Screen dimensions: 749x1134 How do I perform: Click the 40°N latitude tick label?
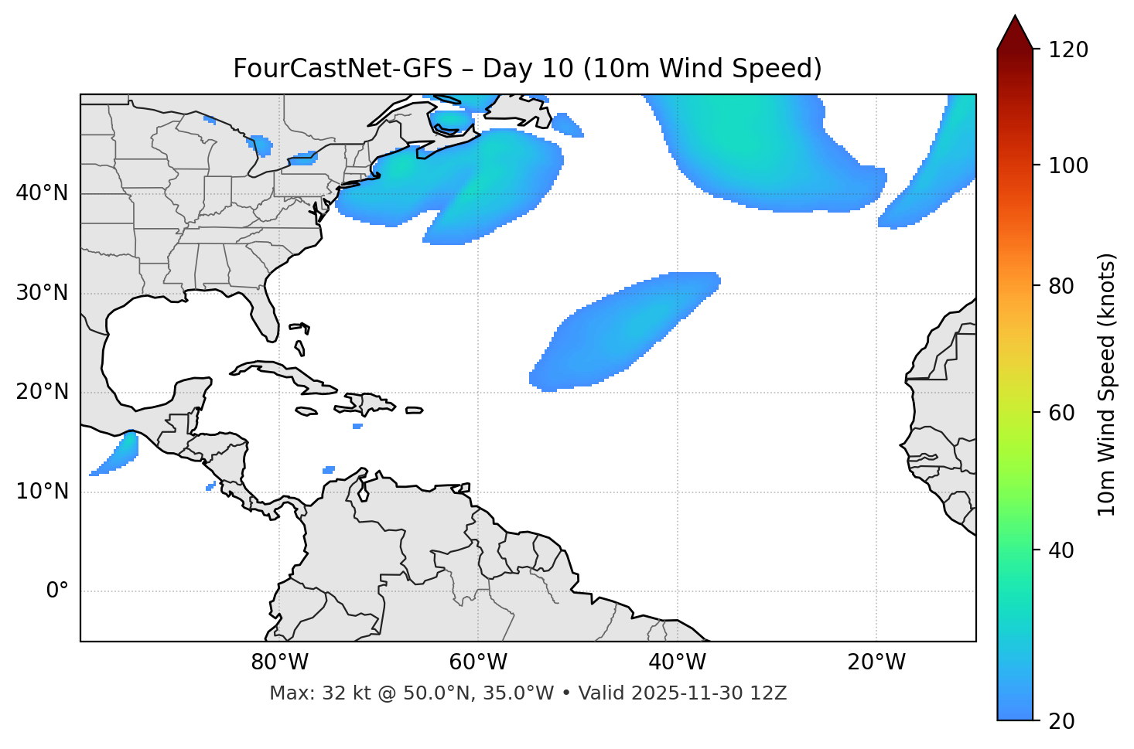[42, 193]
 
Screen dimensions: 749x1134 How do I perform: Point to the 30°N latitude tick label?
[42, 293]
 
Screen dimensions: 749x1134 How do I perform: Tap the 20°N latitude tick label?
[42, 393]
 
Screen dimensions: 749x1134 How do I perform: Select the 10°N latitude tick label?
[42, 492]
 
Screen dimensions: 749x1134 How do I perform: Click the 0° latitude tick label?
[57, 591]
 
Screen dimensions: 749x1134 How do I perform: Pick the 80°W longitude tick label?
[279, 662]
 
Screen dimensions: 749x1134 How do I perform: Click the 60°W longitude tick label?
[478, 662]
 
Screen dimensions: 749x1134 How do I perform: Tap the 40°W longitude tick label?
[677, 662]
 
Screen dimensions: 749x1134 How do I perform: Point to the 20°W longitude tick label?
[876, 662]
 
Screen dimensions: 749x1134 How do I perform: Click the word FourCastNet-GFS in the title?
[342, 69]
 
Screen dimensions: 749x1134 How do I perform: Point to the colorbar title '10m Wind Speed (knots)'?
[1107, 385]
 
